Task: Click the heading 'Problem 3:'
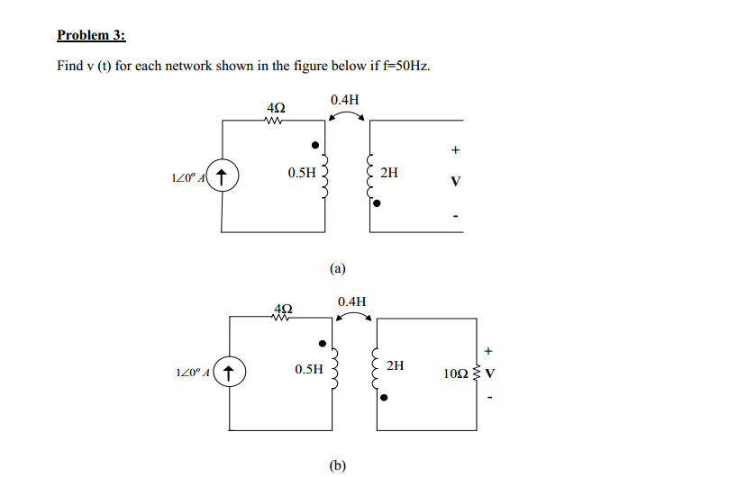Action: pos(91,36)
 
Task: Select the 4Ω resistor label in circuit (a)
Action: pos(276,108)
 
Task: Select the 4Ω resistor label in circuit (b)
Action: pos(281,310)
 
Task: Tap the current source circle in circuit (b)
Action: pos(232,371)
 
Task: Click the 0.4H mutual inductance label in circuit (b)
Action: pos(351,301)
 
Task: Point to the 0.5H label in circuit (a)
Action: pos(302,172)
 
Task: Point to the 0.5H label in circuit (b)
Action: pos(308,369)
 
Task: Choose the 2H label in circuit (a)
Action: pos(389,172)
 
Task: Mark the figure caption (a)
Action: pos(337,267)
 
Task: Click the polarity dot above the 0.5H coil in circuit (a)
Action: pos(314,145)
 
